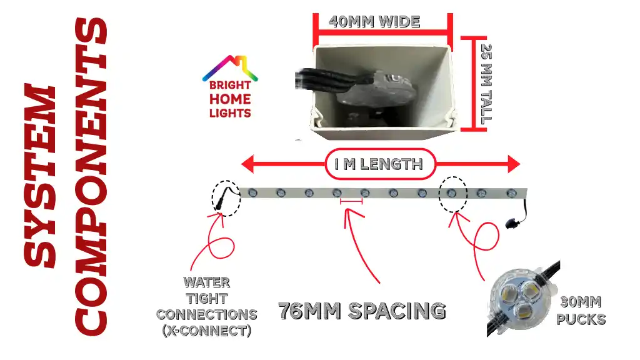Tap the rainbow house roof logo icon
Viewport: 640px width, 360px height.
click(230, 67)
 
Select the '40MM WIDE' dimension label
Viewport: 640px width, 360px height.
click(374, 21)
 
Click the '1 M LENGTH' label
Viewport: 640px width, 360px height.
click(378, 164)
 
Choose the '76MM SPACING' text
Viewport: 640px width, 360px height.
click(362, 311)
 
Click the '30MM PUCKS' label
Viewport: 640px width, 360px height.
click(581, 311)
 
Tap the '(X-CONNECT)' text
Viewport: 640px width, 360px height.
click(207, 331)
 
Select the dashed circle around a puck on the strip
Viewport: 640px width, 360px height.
click(452, 194)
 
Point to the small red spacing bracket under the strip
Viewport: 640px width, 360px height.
click(351, 201)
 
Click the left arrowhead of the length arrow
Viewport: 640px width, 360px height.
click(248, 164)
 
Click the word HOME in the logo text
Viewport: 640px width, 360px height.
click(230, 99)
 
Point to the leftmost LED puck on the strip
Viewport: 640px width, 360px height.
click(252, 193)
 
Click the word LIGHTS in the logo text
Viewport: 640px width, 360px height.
click(230, 113)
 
